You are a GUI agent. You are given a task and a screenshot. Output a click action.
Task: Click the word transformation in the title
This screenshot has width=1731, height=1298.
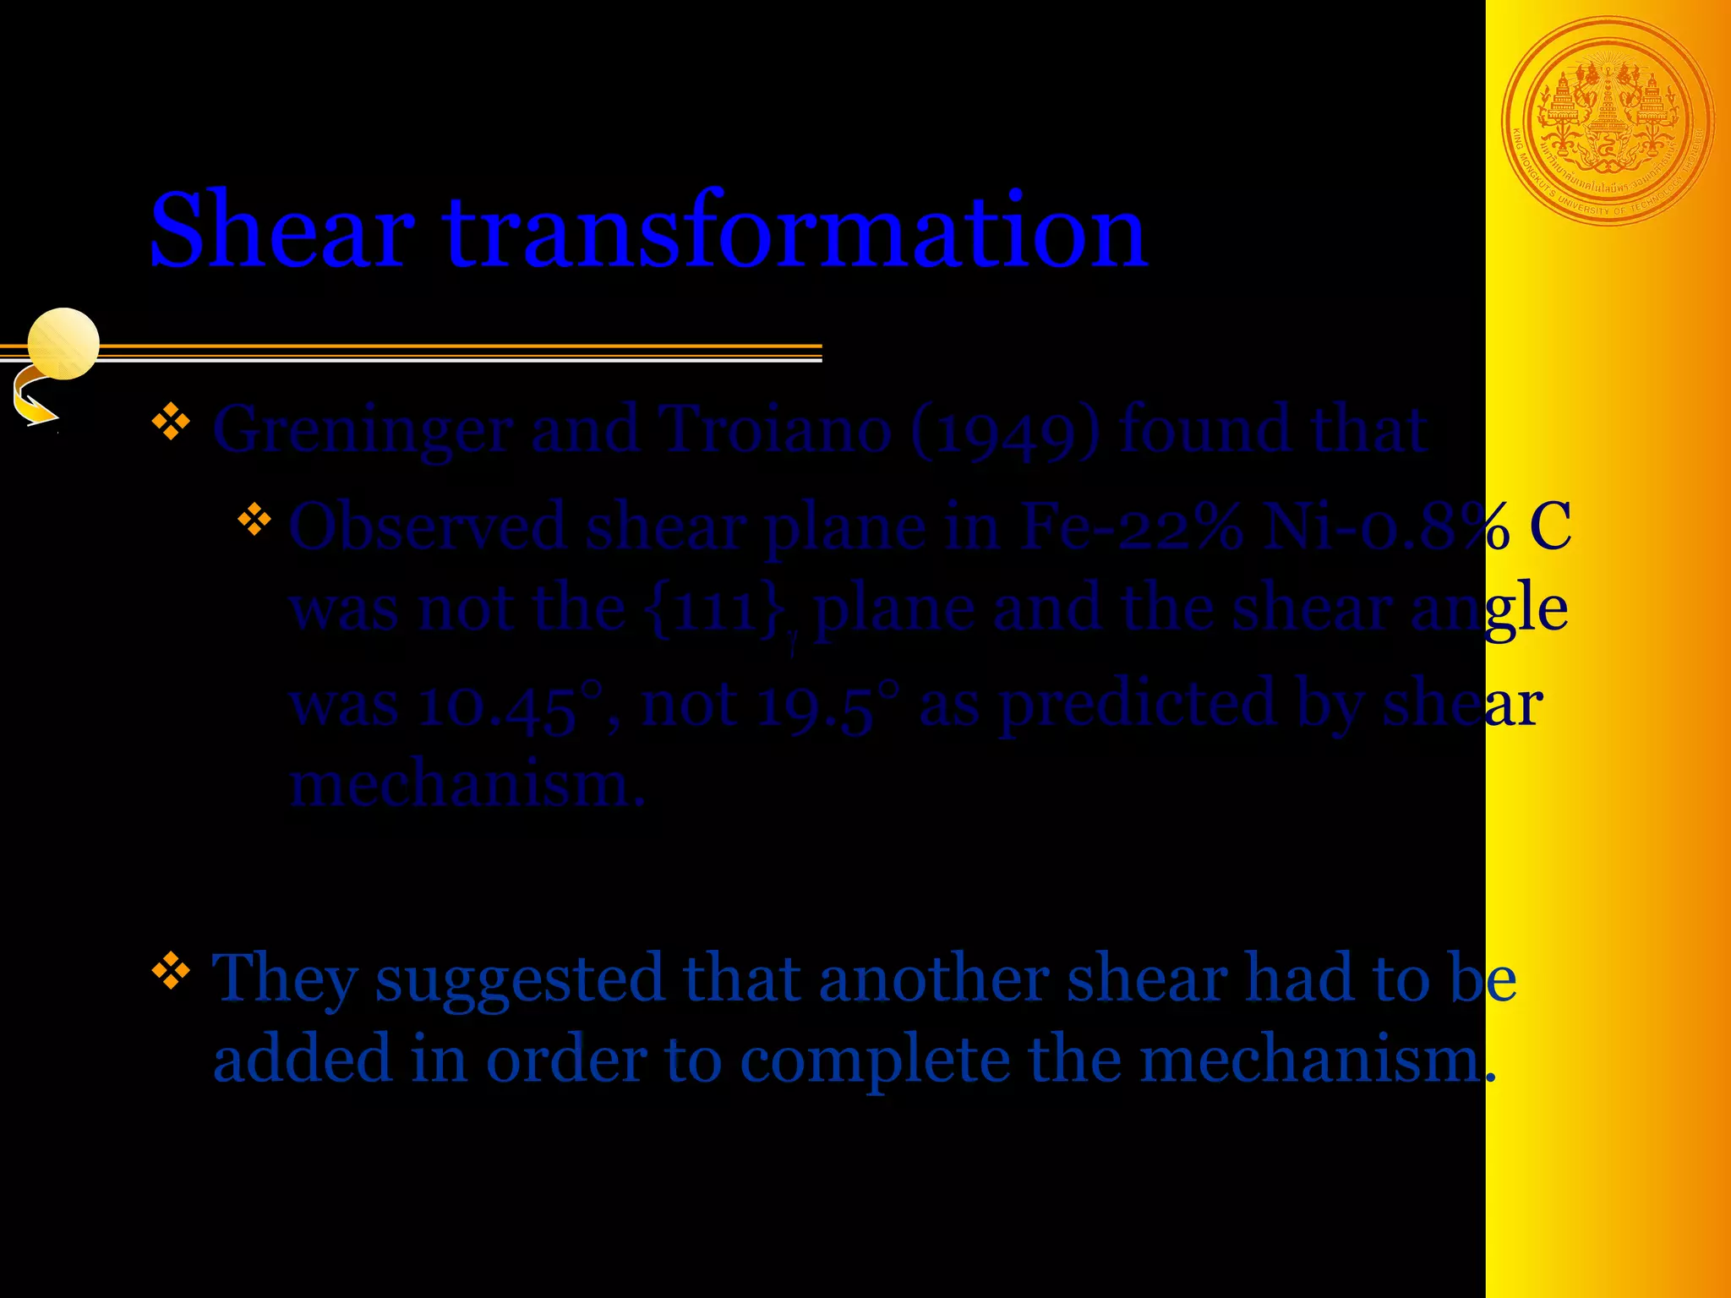[795, 230]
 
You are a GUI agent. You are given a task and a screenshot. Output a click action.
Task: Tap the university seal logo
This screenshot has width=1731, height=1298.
[1608, 122]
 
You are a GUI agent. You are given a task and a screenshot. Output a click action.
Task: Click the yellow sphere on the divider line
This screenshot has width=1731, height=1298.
[63, 343]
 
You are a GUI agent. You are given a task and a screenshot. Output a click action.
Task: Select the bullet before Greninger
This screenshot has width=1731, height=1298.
[171, 423]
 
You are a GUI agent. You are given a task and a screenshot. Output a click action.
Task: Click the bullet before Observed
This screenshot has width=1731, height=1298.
[254, 520]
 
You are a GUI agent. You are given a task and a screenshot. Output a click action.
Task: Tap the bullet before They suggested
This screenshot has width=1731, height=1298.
[171, 971]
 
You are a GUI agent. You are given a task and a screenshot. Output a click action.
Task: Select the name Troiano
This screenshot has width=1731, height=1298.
[774, 429]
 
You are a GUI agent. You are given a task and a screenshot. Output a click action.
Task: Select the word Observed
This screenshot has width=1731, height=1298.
[427, 526]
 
